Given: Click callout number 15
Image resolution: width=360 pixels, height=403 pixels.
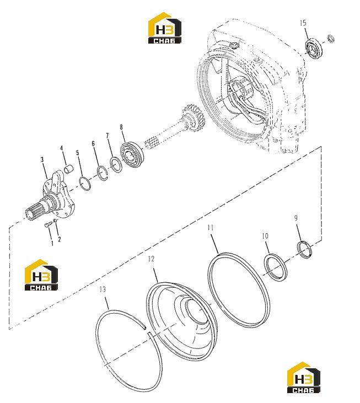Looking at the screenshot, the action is coord(303,23).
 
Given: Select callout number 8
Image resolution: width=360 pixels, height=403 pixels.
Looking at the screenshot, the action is coord(121,127).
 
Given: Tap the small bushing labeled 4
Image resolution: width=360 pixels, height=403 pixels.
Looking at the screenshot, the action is coord(68,169).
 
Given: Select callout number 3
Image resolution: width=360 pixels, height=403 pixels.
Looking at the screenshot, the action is coord(42,160).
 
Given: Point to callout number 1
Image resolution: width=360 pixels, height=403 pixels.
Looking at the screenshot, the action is coord(52,243).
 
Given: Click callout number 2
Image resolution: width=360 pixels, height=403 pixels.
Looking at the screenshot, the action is coord(60,239).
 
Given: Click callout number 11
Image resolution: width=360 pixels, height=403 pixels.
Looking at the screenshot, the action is coord(211,228).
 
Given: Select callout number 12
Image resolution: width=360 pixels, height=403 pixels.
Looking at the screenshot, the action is coord(151,259).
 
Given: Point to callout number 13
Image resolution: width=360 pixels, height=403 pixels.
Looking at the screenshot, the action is coord(103,289).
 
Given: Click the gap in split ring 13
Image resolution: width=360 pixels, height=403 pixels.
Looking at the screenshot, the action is coord(147,331).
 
